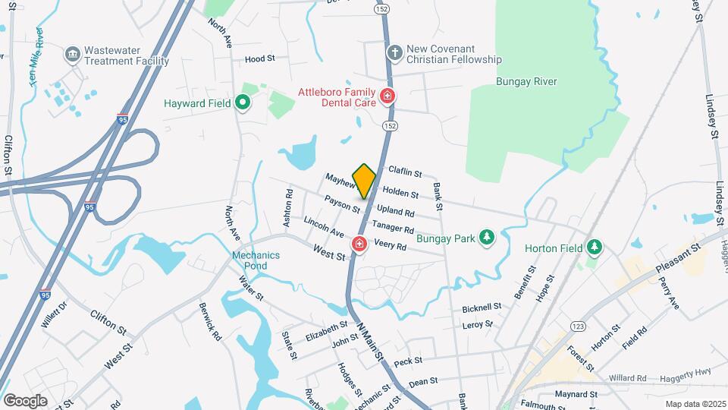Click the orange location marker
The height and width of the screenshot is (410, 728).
(x=365, y=180)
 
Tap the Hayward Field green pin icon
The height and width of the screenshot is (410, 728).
(x=243, y=102)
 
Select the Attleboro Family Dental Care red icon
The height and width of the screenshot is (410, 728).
(x=388, y=96)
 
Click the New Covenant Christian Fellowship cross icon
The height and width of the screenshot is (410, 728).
(x=394, y=52)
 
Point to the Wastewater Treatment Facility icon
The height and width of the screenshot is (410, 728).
(x=72, y=53)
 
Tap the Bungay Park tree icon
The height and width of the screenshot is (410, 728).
(x=486, y=238)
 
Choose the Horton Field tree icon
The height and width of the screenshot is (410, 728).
(x=595, y=248)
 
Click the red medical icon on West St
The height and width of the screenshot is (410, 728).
(x=358, y=244)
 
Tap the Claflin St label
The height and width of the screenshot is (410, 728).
(x=405, y=172)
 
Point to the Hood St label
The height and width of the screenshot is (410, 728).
(x=259, y=58)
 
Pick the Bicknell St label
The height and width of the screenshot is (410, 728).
(x=482, y=307)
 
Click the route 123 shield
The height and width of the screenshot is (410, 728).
(x=578, y=326)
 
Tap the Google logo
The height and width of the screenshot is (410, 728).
(x=25, y=400)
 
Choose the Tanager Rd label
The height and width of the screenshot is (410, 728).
(x=393, y=227)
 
